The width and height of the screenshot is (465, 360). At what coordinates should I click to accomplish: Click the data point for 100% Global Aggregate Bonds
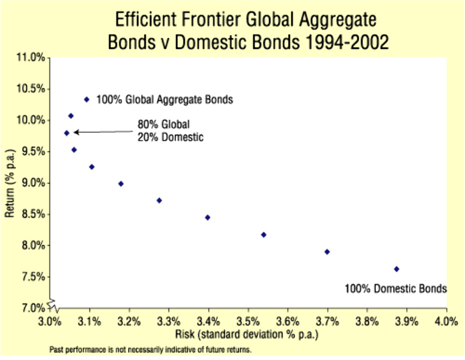(87, 99)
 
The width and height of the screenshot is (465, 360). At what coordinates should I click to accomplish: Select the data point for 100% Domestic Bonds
(396, 269)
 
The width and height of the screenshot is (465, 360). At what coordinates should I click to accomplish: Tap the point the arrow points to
(67, 133)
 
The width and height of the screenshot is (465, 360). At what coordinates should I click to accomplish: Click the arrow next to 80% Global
(102, 132)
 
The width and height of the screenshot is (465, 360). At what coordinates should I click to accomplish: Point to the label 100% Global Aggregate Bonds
(164, 100)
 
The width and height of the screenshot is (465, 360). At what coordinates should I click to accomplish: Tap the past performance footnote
(151, 350)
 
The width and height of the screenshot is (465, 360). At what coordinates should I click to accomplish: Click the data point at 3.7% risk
(327, 252)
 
